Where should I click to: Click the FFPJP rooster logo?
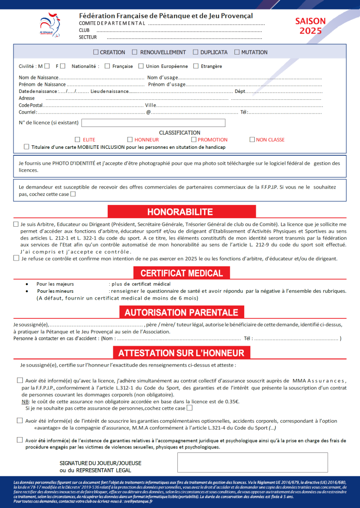click(49, 26)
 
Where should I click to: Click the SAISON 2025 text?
click(310, 26)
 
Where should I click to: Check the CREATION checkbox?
click(96, 52)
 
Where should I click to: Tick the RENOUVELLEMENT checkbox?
click(135, 52)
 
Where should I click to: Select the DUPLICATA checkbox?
click(196, 52)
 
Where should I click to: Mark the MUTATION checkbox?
click(237, 52)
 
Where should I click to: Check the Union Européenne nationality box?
click(141, 66)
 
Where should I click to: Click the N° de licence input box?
click(153, 123)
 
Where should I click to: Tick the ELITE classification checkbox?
click(77, 139)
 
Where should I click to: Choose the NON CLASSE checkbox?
click(252, 139)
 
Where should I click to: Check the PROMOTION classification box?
click(193, 139)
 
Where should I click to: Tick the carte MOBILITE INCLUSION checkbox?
click(27, 147)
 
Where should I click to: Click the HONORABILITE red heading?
click(180, 212)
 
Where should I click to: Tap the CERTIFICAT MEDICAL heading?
click(181, 273)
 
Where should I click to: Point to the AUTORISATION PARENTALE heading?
click(181, 313)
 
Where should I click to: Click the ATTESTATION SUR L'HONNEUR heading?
click(181, 353)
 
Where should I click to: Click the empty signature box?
click(252, 462)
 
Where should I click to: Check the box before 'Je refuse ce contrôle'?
click(16, 258)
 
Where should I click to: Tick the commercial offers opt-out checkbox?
click(73, 194)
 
